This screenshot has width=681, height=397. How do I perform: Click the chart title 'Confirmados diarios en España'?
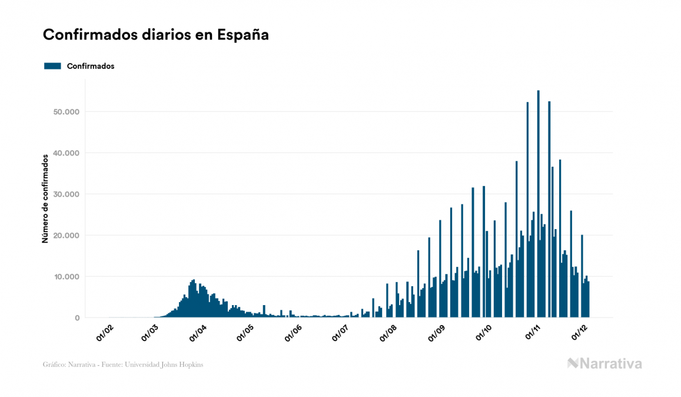[x=156, y=35]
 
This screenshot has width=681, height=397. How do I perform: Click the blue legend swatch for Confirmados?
[x=52, y=66]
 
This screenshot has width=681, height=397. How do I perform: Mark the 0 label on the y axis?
[x=77, y=318]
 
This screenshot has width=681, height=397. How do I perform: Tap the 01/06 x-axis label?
[x=293, y=332]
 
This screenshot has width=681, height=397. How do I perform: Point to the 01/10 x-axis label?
[x=484, y=332]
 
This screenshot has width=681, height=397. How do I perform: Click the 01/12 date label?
[x=579, y=332]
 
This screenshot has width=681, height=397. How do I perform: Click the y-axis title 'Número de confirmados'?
[x=45, y=199]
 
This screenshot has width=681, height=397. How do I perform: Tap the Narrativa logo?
[x=604, y=363]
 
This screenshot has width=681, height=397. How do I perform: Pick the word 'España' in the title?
[x=243, y=35]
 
